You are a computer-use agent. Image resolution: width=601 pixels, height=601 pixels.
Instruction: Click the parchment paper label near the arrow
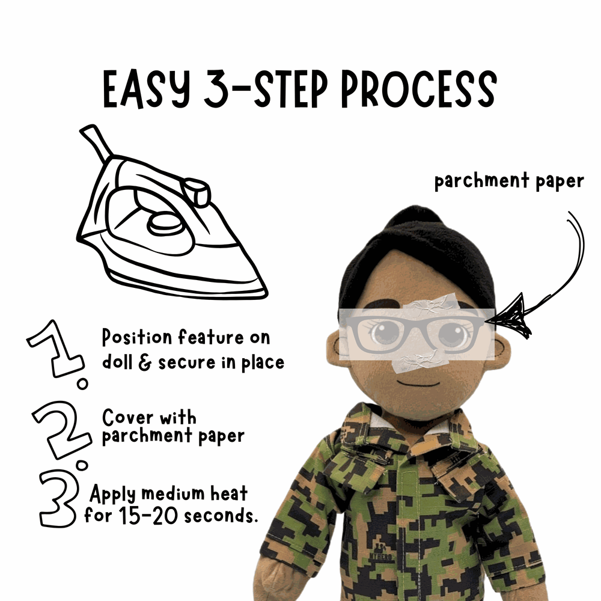coord(508,181)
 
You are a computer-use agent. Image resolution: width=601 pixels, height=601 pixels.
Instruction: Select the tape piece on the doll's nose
coord(415,361)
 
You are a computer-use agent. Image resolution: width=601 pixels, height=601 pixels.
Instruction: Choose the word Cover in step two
coord(124,417)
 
